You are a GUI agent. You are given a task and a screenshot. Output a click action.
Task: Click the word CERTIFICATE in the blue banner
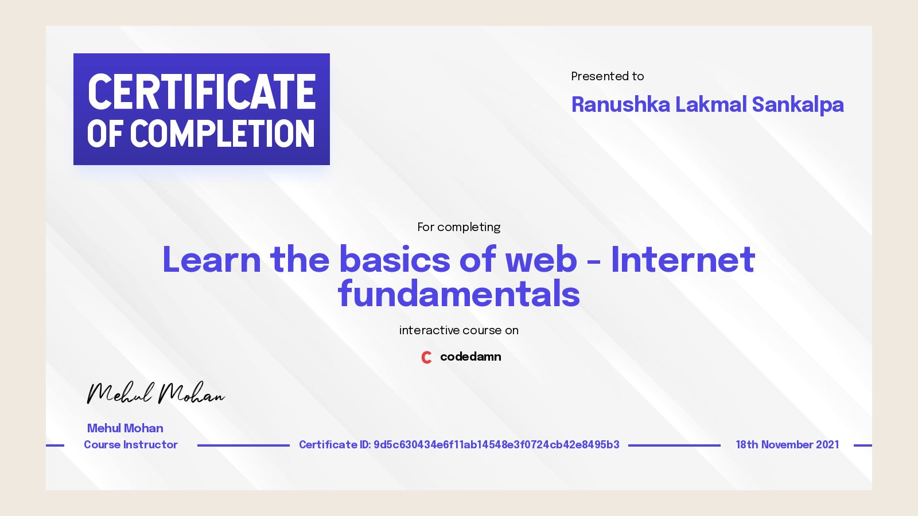point(201,92)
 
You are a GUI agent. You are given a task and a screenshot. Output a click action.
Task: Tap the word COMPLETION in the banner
point(223,134)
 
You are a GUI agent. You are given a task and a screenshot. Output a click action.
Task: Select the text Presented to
point(607,76)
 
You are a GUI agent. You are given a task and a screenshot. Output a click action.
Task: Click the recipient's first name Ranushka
point(621,105)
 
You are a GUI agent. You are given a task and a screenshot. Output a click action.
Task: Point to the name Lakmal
point(711,105)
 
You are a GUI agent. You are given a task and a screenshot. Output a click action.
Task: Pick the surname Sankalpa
point(798,105)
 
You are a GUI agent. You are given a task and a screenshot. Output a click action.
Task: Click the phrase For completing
point(458,227)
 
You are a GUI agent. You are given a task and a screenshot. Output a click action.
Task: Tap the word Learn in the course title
point(212,260)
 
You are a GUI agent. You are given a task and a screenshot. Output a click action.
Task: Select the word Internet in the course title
point(683,260)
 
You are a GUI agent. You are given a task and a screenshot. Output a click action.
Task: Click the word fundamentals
point(458,294)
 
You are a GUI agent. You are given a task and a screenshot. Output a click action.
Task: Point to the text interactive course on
point(458,330)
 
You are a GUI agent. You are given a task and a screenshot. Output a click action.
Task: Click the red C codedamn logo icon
point(426,357)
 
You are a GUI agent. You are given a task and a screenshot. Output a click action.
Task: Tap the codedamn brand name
point(470,357)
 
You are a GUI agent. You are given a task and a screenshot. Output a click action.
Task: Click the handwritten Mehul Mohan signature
point(155,393)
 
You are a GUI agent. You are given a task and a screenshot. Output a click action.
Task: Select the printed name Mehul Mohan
point(125,428)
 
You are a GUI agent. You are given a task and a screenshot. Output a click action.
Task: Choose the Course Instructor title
point(131,445)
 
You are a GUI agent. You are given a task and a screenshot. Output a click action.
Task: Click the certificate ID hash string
point(496,445)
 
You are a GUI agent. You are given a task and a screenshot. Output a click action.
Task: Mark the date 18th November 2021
point(787,445)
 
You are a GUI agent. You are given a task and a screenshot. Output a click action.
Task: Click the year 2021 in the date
point(827,445)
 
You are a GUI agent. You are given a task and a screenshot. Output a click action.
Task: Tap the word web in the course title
point(540,260)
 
